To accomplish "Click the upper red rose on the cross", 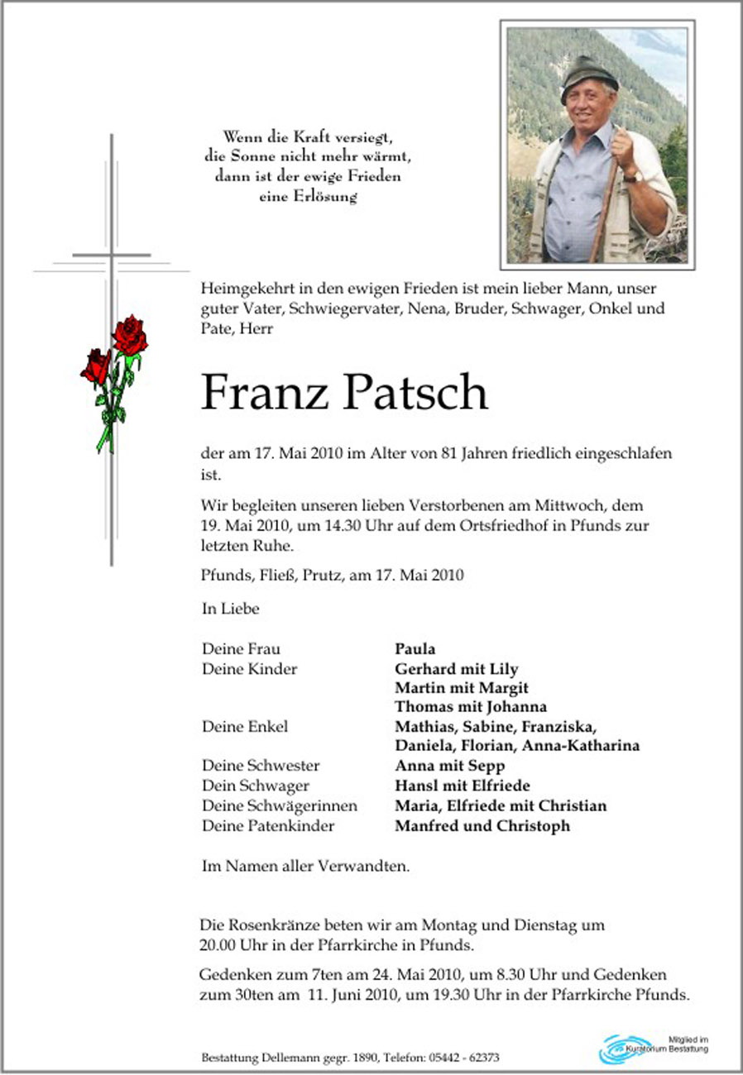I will pos(130,335).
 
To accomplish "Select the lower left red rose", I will pos(96,366).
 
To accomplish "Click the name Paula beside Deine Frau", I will pos(415,649).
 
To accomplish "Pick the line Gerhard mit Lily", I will pos(457,669).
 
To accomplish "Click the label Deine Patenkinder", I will pos(268,825).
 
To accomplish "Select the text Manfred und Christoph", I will pos(482,825).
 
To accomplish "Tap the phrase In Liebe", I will pos(230,609).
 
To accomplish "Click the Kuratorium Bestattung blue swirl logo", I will pos(623,1049).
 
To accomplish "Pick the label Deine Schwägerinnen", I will pos(280,805).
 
